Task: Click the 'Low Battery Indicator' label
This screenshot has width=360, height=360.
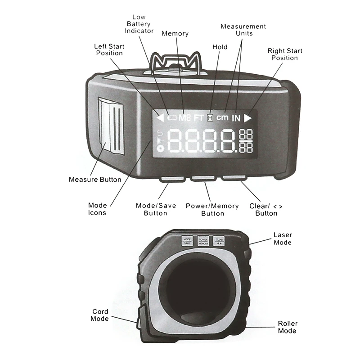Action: coord(139,24)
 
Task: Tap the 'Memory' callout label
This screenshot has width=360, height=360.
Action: coord(175,34)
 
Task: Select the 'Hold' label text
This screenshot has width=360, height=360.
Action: coord(220,47)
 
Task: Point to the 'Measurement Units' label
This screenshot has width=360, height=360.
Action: coord(243,30)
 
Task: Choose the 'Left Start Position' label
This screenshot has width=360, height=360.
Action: coord(108,49)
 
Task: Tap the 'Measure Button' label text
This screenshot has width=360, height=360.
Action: coord(95,180)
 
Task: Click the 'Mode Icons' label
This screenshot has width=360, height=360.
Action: coord(98,209)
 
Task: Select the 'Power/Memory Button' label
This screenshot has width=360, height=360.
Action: coord(212,209)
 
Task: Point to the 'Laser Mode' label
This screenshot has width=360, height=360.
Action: coord(283,238)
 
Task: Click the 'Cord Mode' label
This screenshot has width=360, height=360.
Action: coord(100,315)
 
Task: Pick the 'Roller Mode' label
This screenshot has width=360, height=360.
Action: coord(287,327)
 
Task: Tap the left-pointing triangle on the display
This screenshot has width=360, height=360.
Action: coord(160,118)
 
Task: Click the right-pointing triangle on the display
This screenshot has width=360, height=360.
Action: coord(248,118)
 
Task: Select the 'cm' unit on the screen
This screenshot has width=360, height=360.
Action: coord(222,118)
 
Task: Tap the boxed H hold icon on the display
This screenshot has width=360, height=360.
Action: coord(210,118)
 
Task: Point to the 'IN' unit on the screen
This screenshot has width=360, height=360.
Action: coord(236,118)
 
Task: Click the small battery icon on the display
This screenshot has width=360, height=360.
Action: coord(171,118)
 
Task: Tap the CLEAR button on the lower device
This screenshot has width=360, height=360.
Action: coord(219,241)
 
